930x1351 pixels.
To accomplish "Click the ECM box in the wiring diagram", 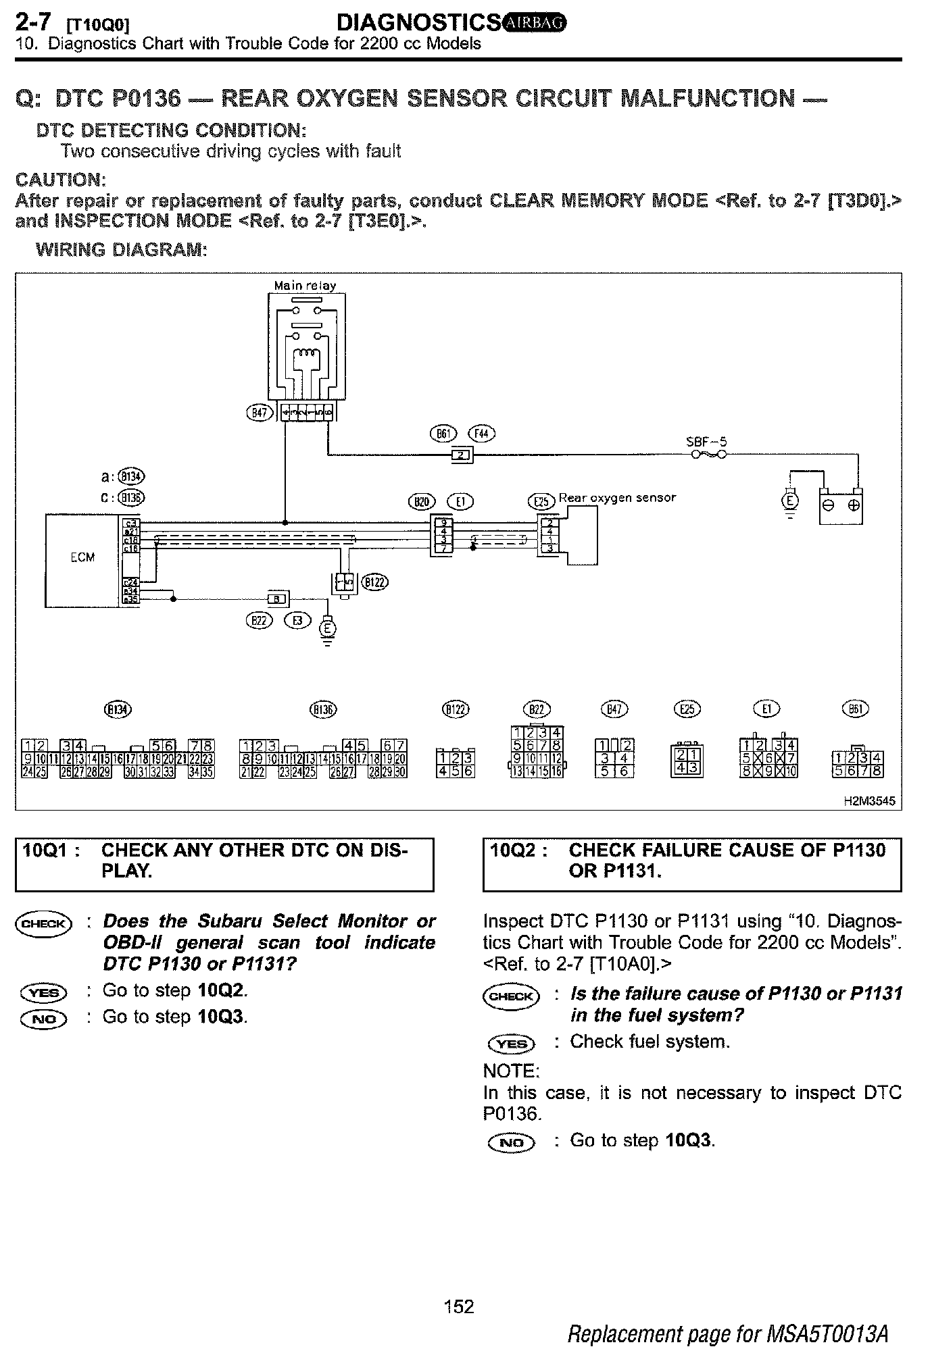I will coord(82,559).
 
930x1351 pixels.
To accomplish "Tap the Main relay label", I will coord(305,285).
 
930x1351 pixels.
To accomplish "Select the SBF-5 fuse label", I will coord(706,442).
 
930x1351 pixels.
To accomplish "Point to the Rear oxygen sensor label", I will coord(616,498).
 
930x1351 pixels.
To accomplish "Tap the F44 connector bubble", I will coord(481,434).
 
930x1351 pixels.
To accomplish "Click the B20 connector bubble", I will coord(423,501).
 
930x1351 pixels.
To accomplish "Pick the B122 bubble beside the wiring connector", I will coord(376,582).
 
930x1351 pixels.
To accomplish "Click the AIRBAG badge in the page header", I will coord(535,24).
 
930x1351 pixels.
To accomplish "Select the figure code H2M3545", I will coord(869,801).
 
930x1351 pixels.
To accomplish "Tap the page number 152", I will coord(460,1306).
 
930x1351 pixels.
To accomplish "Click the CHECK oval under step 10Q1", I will coord(43,924).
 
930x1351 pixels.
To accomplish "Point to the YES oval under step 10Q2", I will coord(511,1044).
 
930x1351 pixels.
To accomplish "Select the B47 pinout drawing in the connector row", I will coord(614,758).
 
